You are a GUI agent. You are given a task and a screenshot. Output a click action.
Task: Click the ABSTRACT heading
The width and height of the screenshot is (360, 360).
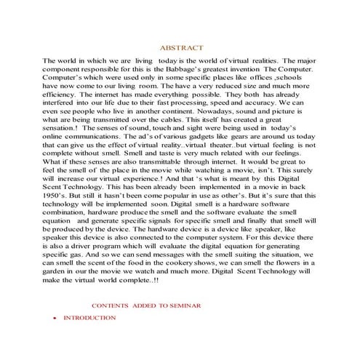[x=180, y=46]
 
